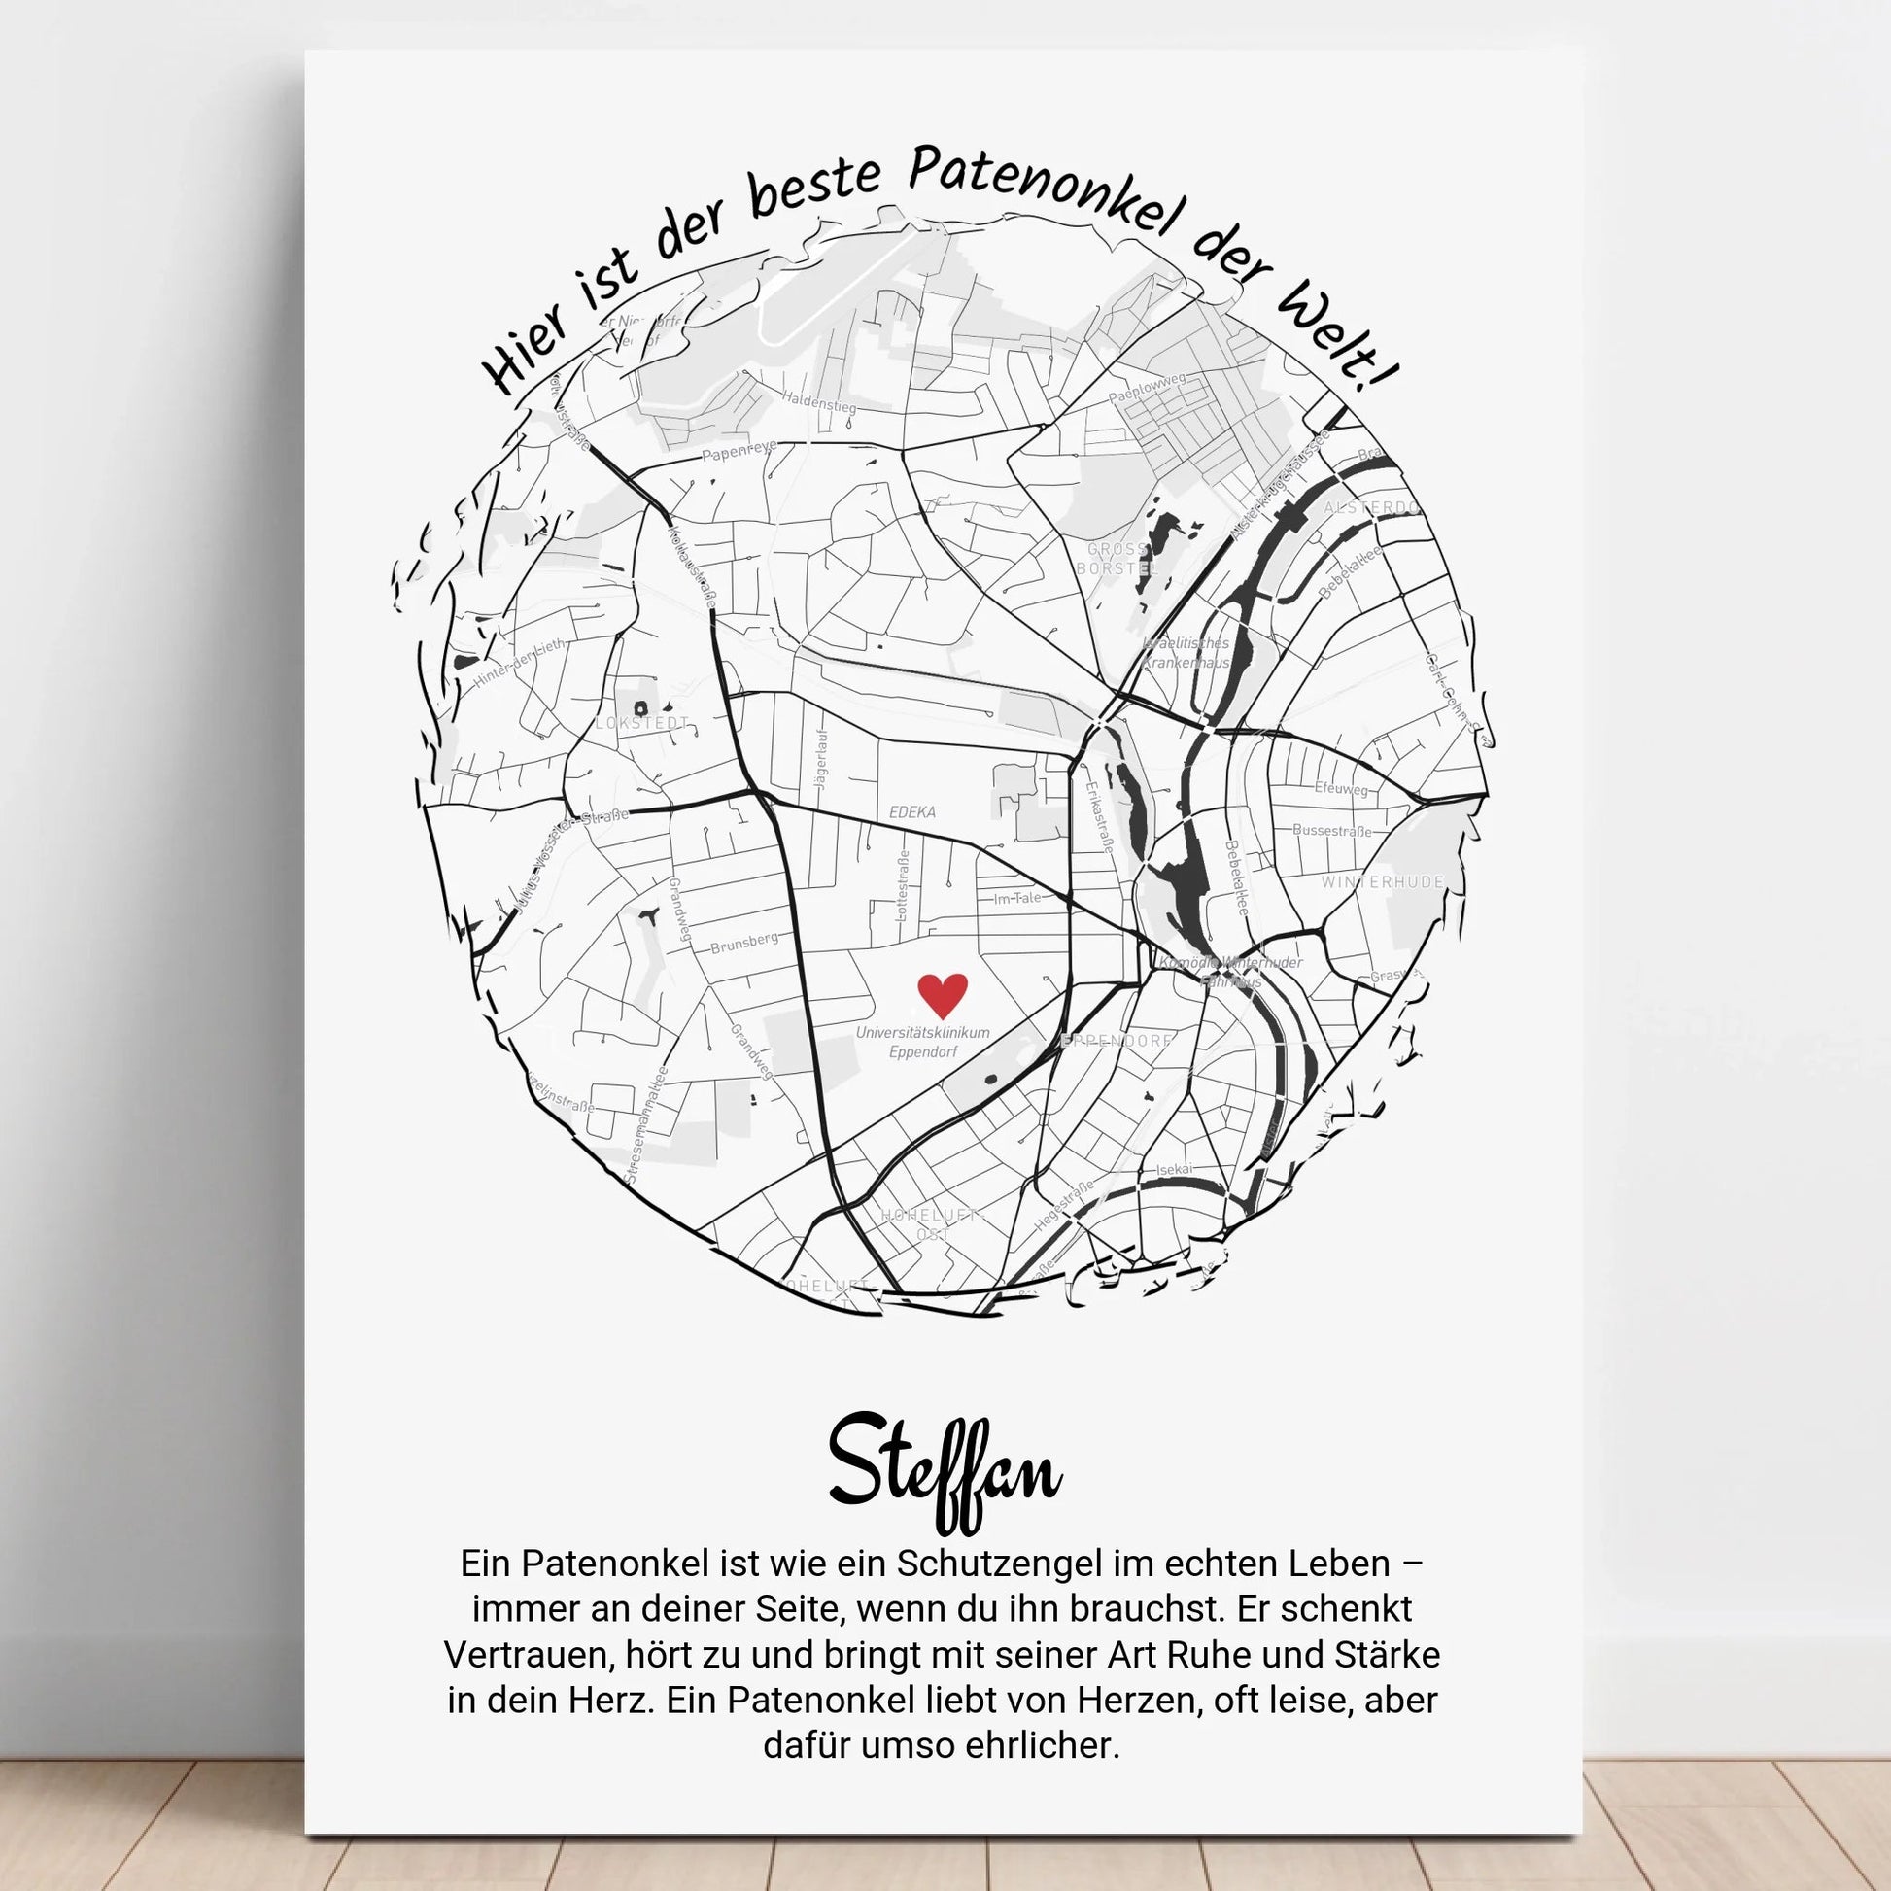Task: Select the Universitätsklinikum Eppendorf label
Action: coord(922,1043)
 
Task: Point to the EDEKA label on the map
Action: coord(912,811)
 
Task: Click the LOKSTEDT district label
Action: coord(642,723)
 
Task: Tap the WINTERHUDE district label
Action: coord(1382,882)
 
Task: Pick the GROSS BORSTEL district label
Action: coord(1117,559)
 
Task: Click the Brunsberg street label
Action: coord(745,944)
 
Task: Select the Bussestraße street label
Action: coord(1331,830)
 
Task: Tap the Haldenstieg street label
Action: coord(818,402)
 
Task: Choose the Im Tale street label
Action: coord(1018,898)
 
